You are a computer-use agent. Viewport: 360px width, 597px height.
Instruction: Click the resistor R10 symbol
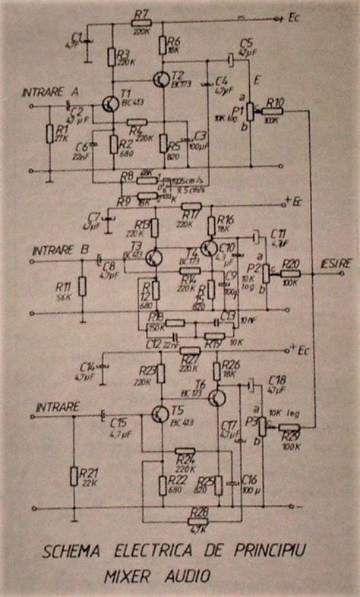271,112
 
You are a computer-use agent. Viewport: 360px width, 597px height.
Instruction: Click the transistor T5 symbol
160,415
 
